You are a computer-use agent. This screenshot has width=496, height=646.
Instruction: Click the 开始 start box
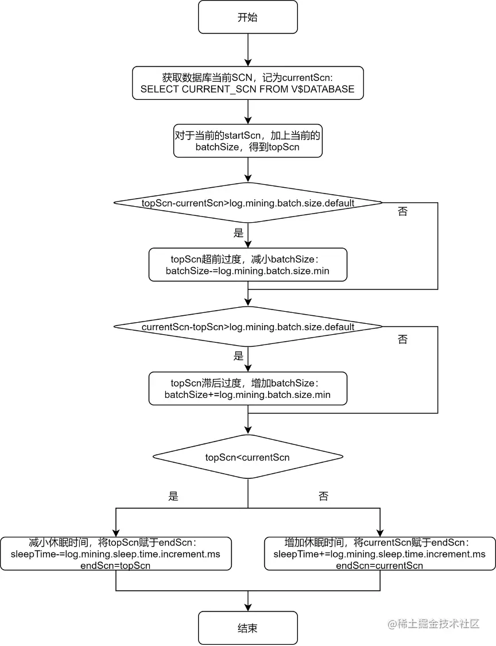coord(247,17)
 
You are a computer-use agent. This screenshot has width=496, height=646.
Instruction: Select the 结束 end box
coord(247,628)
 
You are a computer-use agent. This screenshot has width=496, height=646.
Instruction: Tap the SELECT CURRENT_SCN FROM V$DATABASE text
coord(247,89)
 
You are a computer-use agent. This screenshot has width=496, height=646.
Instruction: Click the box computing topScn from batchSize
coord(247,141)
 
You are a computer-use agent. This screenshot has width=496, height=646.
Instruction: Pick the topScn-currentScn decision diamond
coord(247,203)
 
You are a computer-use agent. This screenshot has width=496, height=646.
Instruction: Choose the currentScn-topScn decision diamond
coord(247,327)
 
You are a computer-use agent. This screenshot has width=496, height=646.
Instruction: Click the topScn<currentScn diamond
coord(247,457)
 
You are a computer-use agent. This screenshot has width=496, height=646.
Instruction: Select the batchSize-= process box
coord(247,265)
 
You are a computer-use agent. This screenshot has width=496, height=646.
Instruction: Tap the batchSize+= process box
coord(247,389)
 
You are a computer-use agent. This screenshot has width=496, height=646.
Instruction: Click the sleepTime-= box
coord(116,554)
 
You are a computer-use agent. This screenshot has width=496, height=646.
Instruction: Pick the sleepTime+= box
coord(379,554)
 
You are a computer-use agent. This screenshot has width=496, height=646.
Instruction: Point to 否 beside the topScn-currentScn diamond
coord(402,211)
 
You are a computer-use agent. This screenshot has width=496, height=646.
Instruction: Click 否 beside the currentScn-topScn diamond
coord(402,339)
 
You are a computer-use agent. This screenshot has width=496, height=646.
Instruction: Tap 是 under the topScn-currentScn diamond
coord(238,233)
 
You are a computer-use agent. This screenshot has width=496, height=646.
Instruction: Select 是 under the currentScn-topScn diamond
coord(238,356)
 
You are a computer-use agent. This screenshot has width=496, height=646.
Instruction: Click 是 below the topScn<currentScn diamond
coord(173,496)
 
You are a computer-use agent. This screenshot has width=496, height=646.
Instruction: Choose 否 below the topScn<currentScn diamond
coord(323,496)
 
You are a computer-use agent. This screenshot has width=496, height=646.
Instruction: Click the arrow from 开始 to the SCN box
coord(248,50)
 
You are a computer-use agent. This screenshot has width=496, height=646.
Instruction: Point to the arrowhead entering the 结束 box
coord(248,607)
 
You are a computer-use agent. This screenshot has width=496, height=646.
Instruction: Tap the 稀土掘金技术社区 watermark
coord(434,624)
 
